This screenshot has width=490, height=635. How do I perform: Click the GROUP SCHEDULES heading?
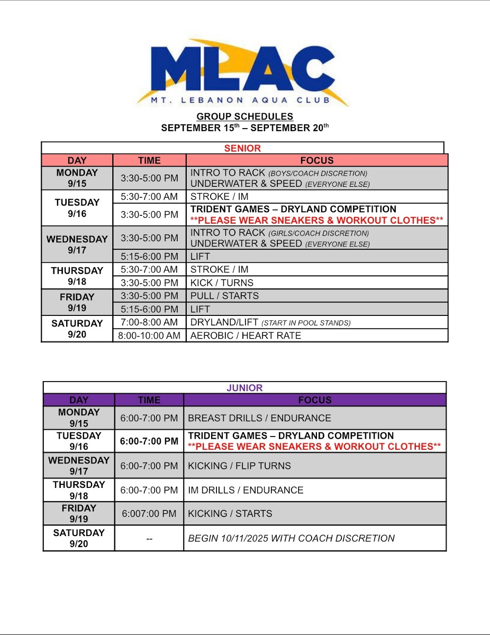coord(244,116)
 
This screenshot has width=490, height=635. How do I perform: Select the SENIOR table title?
coord(242,148)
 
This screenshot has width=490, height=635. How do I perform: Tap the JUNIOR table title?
coord(244,388)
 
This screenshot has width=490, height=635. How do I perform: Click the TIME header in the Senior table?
coord(149,160)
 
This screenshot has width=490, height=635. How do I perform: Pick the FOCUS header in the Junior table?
coord(315,400)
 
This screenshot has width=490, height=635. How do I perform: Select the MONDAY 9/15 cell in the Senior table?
coord(77,178)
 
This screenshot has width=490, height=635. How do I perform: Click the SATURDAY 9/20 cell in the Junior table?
coord(78,538)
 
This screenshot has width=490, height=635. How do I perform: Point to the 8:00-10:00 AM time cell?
coord(149,335)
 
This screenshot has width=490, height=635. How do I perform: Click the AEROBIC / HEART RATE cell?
coord(246,335)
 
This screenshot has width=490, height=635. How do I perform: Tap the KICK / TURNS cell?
coord(222,283)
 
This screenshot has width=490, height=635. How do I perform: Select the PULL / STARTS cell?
coord(224,296)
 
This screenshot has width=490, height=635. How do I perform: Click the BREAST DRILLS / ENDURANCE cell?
coord(259,418)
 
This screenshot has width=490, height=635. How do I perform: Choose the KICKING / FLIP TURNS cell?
coord(239,466)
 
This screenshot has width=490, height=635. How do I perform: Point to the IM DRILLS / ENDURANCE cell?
coord(246,490)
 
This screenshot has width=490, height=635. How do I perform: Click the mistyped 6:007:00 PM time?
coord(149,514)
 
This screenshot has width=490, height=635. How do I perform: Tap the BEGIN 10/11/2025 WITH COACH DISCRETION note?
coord(292,538)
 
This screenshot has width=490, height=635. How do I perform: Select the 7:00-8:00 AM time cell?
coord(149,322)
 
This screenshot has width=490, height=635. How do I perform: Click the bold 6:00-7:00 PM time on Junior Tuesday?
coord(149,441)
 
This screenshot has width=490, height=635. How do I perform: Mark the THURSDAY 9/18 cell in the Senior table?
coord(77,276)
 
